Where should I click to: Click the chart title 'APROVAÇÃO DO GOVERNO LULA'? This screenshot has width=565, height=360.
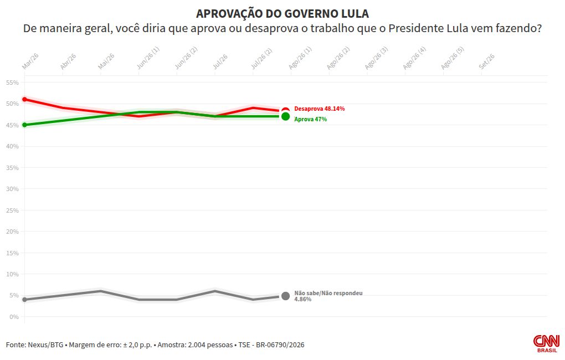coord(282,14)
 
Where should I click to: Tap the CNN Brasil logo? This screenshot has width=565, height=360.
coord(546,343)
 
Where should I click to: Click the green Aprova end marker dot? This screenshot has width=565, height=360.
coord(285,116)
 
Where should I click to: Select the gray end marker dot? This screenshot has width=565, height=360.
coord(285,296)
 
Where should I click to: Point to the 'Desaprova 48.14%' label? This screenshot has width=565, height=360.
coord(319,109)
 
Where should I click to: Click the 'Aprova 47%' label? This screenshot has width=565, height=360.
coord(311,119)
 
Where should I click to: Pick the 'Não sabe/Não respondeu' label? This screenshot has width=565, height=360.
coord(328,294)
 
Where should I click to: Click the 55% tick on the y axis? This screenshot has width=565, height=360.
coord(12,83)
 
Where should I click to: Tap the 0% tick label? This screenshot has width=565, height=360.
coord(14,317)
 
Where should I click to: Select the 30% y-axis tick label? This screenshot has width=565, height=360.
coord(12,189)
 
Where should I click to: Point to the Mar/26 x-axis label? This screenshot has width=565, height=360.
coord(30,61)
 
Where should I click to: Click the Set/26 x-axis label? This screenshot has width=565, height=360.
coord(487,61)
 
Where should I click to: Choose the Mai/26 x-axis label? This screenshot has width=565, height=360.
coord(106,61)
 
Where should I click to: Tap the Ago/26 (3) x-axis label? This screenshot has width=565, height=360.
coord(377,58)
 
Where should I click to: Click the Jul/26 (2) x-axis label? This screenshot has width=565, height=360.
coord(261,58)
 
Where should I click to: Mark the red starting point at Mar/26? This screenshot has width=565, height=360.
coord(24,99)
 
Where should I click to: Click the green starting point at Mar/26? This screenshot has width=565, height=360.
coord(24,125)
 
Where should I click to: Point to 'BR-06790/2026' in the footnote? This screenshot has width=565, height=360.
coord(280,345)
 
